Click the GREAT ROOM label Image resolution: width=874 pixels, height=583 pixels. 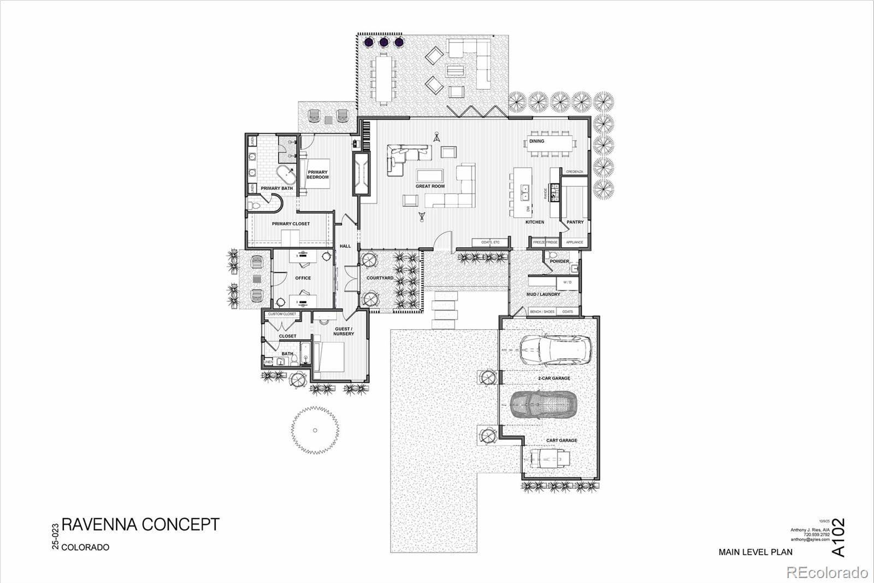[x=430, y=186]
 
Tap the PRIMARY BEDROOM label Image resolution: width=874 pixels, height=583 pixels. [x=317, y=175]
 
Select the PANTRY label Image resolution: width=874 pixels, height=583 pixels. [x=575, y=222]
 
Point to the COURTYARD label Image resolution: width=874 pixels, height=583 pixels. [x=380, y=278]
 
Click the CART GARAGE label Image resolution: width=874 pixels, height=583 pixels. [x=562, y=440]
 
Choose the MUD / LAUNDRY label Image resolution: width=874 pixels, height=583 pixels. [x=543, y=294]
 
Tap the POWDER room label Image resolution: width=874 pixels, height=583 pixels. [x=559, y=261]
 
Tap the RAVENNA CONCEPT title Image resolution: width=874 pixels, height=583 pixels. [x=140, y=524]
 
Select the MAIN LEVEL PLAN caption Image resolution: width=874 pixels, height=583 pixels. [x=755, y=552]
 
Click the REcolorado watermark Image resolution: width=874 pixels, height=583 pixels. [x=826, y=573]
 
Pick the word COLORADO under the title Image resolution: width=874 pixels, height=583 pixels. [x=85, y=547]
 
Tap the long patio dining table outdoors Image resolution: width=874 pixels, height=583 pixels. [x=382, y=77]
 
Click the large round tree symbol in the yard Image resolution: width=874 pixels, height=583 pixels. [x=315, y=430]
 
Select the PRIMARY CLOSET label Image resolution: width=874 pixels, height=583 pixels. [x=291, y=224]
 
